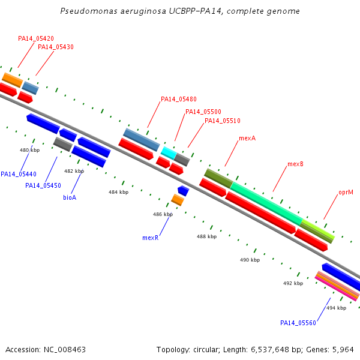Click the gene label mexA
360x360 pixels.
247,138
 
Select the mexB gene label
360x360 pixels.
295,164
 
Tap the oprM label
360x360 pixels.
346,193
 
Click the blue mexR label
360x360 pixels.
151,238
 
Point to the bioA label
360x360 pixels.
70,197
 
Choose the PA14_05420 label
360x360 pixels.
36,38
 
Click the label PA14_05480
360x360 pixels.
179,99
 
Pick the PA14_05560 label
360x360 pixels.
298,323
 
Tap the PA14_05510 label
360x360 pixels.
223,121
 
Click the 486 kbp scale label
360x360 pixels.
163,214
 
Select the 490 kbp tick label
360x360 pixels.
250,260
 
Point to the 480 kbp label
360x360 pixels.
29,150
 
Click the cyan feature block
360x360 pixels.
169,153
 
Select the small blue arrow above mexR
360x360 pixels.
183,191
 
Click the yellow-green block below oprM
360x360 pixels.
317,231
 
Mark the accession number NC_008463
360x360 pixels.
65,350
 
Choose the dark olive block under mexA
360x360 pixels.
218,178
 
